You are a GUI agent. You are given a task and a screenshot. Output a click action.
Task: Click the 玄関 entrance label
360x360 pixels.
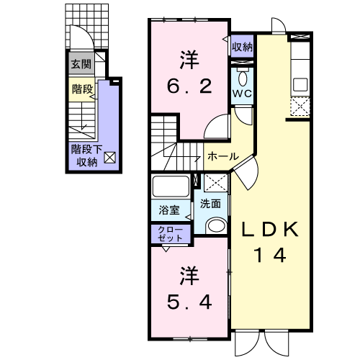pos(81,64)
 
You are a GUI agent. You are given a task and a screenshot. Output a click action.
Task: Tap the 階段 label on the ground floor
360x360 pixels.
pos(82,89)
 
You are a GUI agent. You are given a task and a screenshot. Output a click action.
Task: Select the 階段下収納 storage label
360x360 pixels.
pos(87,156)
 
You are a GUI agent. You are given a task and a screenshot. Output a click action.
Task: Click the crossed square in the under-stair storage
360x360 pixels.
pos(109,158)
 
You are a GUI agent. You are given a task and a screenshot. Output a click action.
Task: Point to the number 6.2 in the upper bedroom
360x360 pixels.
pos(189,86)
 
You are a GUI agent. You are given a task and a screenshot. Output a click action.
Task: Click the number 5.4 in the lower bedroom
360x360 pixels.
pos(189,302)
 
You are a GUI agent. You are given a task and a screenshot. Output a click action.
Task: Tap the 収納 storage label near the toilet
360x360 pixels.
pos(242,47)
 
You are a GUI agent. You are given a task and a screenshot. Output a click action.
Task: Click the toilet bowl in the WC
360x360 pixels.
pos(243,77)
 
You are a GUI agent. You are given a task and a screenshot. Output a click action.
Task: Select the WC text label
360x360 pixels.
pos(242,94)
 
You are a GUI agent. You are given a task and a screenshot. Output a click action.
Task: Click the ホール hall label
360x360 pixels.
pos(223,156)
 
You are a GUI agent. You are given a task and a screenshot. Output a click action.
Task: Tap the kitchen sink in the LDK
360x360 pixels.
pos(300,84)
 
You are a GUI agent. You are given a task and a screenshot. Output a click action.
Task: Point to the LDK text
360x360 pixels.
pos(270,230)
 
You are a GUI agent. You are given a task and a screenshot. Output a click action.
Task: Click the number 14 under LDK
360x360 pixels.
pos(270,255)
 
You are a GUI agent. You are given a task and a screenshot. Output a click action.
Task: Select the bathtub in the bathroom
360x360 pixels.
pos(171,186)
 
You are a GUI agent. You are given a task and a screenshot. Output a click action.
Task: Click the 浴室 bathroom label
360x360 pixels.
pos(169,210)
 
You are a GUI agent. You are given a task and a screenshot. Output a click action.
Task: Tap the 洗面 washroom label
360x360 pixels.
pos(210,204)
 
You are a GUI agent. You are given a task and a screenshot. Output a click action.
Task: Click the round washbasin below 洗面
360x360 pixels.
pos(216,225)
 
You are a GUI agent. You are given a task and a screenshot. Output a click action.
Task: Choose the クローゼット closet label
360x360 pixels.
pos(171,234)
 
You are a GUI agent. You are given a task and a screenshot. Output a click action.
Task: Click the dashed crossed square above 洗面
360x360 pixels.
pos(216,183)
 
